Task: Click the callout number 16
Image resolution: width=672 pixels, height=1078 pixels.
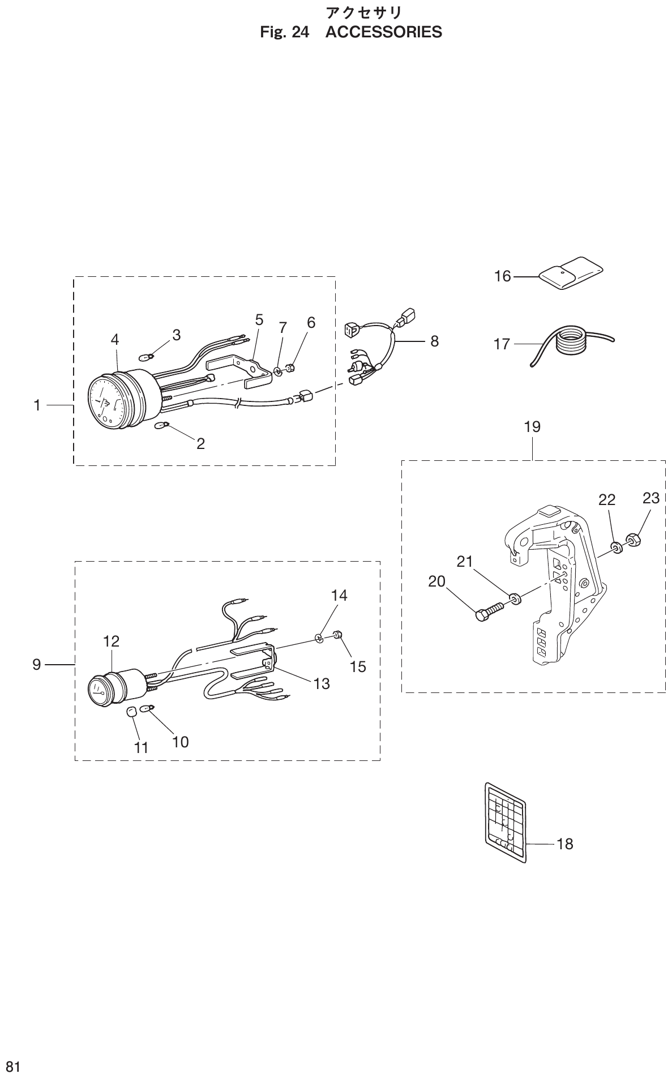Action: click(502, 276)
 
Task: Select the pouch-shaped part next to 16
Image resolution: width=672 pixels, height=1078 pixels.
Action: click(570, 274)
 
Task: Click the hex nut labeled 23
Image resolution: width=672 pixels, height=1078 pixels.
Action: click(633, 538)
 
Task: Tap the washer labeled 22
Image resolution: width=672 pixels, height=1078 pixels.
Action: click(617, 547)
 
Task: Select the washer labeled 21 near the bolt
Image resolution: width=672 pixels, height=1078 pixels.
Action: click(515, 597)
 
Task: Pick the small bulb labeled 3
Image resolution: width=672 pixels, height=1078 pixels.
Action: click(147, 357)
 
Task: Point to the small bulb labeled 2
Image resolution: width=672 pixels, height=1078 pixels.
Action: click(161, 425)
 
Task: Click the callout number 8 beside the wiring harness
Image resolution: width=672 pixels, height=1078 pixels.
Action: click(434, 341)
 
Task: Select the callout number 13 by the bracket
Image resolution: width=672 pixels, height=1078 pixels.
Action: click(321, 684)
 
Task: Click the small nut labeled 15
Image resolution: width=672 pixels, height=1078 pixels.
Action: click(337, 636)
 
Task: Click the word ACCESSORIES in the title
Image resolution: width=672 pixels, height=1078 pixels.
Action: click(384, 32)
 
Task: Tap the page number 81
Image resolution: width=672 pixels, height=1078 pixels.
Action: click(10, 1067)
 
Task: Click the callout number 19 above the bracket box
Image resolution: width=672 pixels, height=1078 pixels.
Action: click(532, 426)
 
